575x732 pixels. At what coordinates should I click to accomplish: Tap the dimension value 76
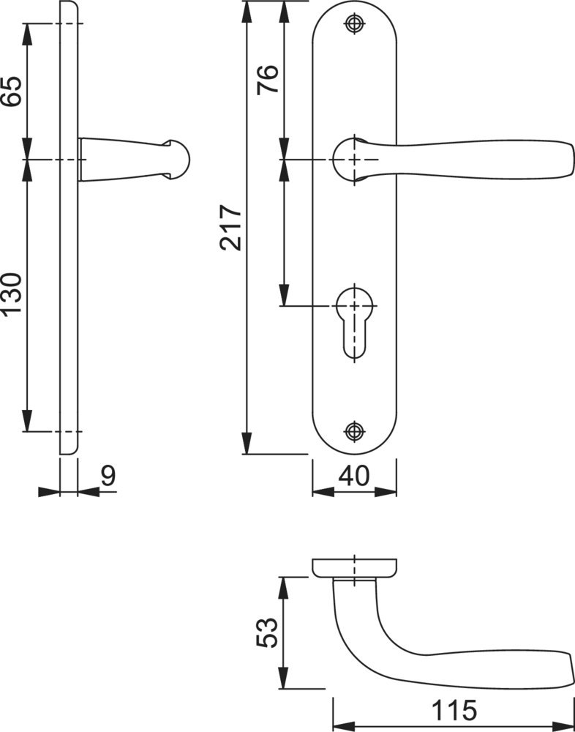point(268,80)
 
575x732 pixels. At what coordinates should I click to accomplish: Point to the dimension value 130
point(11,295)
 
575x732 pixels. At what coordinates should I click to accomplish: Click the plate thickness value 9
point(108,477)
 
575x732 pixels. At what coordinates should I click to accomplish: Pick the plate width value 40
point(354,477)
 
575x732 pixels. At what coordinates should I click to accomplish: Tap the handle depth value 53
point(268,632)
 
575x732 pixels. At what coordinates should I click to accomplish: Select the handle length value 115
point(454,711)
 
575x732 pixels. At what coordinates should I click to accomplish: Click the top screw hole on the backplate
point(354,24)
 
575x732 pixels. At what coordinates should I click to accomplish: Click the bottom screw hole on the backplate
point(354,431)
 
